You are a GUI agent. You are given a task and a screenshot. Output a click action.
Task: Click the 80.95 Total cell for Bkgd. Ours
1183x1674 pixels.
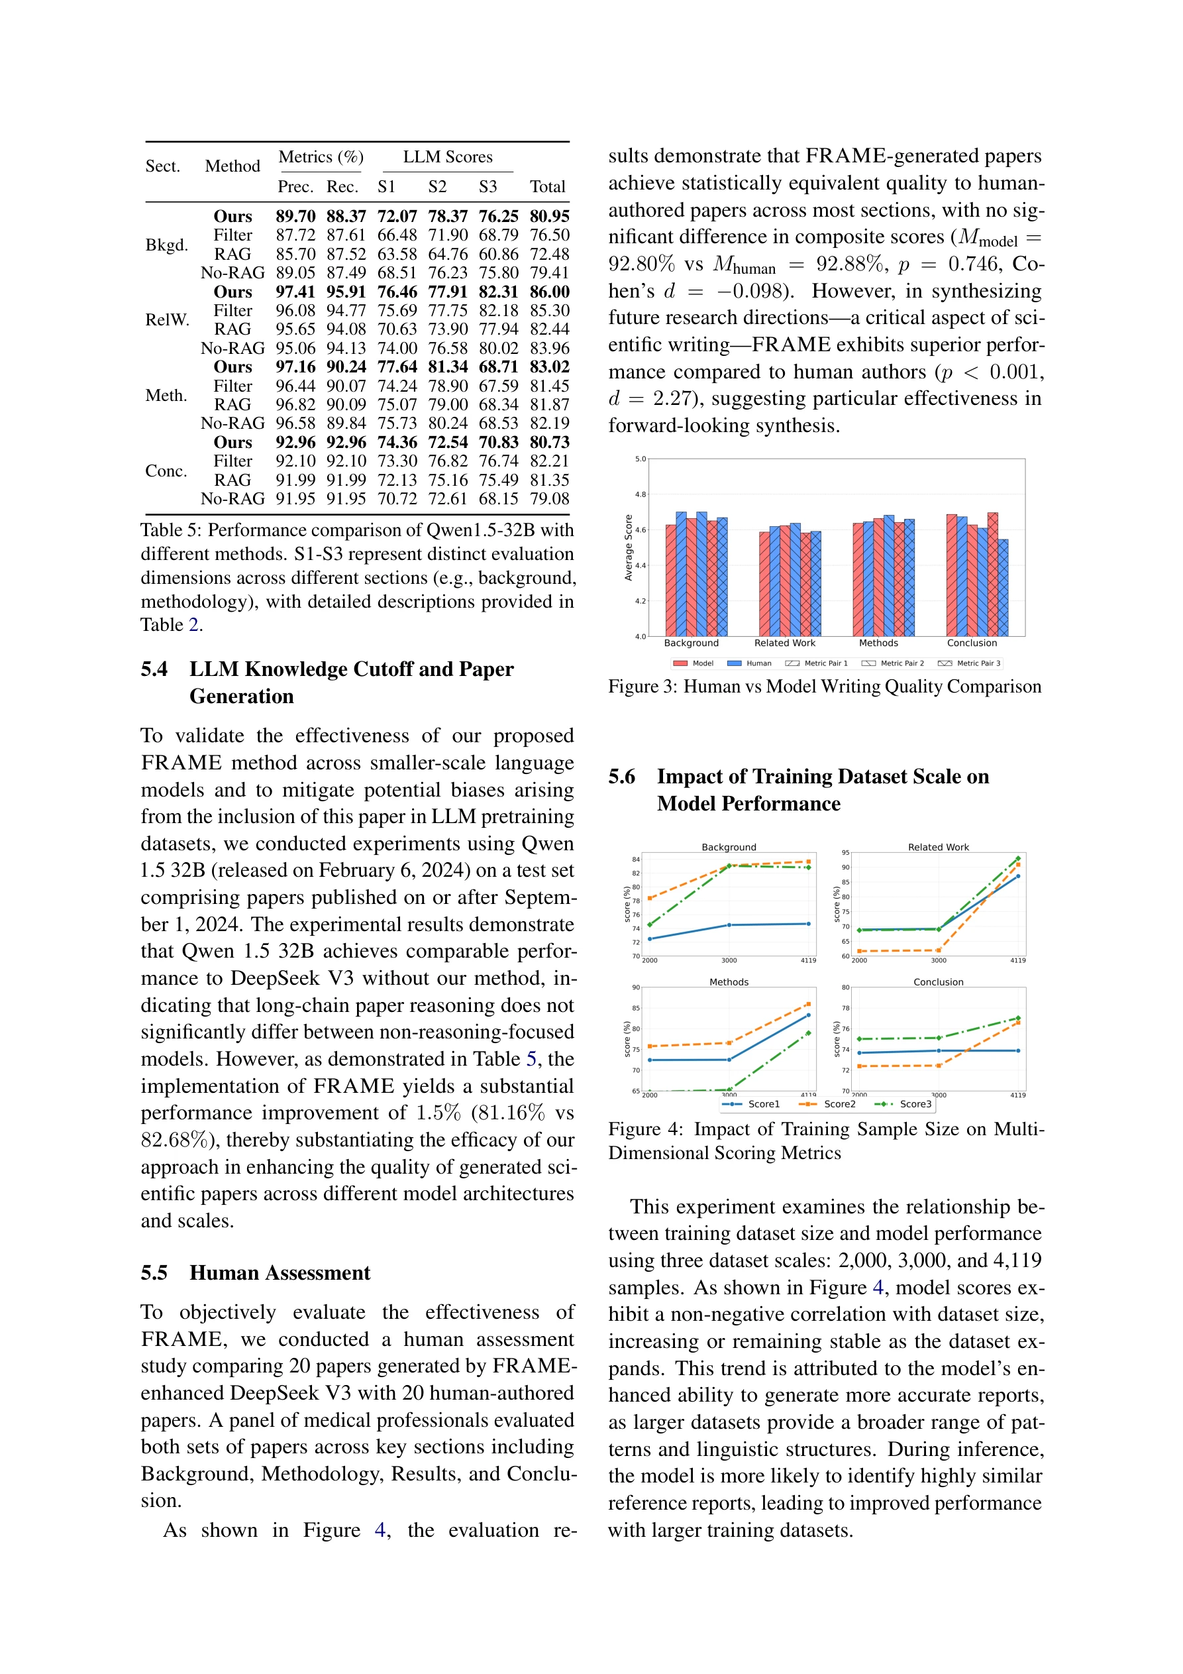549,217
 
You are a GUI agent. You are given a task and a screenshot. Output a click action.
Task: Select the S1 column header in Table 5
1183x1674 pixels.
386,187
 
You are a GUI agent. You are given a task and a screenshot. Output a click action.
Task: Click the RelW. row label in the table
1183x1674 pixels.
167,320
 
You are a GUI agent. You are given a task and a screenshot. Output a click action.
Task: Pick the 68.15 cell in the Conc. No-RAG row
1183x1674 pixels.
498,499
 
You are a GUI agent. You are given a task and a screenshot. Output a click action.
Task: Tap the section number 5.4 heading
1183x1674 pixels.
154,669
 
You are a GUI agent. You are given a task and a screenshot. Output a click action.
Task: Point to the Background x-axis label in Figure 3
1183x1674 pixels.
691,643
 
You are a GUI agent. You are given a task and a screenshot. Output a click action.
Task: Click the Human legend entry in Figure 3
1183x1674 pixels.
758,663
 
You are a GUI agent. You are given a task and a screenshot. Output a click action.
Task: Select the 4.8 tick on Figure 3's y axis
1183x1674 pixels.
640,494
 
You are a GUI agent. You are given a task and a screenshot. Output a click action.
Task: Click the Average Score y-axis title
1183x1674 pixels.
629,547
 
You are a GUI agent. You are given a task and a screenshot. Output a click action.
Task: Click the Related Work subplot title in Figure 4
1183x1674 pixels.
938,847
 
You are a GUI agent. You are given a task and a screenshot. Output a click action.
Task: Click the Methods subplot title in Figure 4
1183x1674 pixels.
729,982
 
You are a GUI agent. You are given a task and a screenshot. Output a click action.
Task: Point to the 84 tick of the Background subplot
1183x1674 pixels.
636,860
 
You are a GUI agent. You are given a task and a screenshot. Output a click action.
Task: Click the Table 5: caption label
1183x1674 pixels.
172,530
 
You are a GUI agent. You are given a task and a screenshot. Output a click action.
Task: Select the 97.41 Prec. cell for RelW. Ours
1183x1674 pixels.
295,292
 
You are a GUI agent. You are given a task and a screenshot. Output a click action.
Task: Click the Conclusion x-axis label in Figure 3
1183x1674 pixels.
972,643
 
